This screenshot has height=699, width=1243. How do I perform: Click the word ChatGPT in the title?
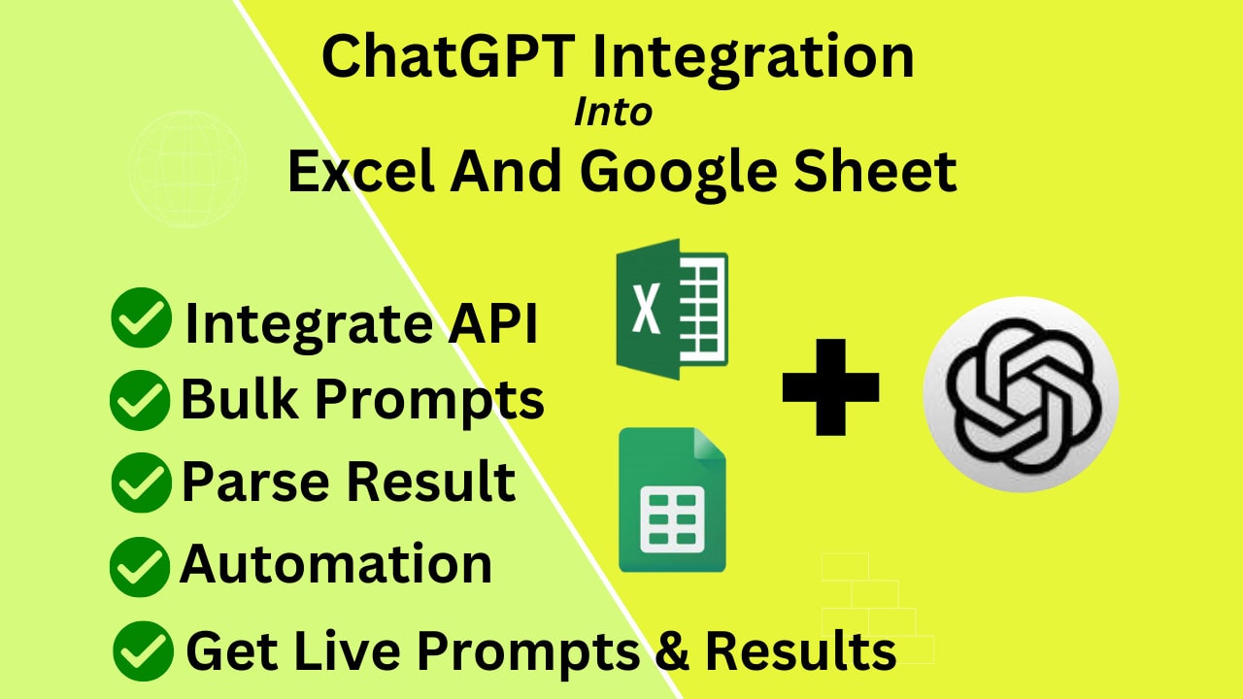[449, 55]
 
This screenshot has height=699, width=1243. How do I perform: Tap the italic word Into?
[613, 113]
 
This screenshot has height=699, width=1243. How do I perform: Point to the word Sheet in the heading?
[875, 171]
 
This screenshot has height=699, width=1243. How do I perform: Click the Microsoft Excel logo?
[672, 309]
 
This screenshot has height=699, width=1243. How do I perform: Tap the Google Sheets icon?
[672, 499]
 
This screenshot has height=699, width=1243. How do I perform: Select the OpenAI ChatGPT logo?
[1021, 394]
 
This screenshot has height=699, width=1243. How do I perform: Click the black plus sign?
[830, 387]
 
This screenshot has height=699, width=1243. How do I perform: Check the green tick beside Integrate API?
[142, 317]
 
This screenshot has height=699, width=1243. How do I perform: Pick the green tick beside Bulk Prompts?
[140, 400]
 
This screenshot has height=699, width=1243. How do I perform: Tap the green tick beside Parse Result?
[142, 483]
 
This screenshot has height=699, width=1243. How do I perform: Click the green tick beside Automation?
[140, 567]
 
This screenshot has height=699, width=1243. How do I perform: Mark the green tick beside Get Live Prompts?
[143, 651]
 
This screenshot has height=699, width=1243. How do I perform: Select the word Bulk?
[239, 398]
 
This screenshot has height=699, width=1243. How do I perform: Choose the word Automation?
[336, 564]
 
